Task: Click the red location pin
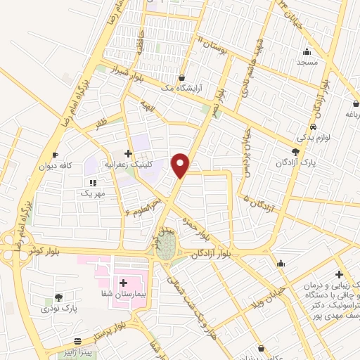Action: point(181,165)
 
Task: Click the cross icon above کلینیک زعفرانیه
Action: point(127,153)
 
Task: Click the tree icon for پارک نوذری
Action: point(58,297)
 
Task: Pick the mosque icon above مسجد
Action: point(307,51)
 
